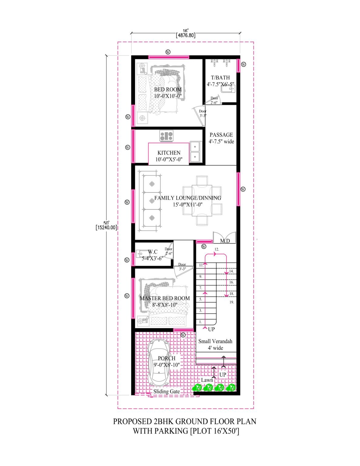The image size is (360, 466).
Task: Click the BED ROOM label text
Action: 168,89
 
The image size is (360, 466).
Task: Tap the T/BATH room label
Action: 220,78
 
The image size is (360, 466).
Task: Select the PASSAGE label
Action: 221,135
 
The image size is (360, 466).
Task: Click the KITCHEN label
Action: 169,153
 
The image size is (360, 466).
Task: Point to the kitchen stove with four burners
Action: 166,136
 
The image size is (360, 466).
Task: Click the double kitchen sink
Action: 195,151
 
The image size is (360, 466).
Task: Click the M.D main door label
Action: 225,241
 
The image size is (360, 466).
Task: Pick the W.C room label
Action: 153,252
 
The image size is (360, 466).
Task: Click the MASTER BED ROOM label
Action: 165,298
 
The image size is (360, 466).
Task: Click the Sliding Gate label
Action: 166,391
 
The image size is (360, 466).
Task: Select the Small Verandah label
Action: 215,341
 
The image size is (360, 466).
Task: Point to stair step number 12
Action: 217,249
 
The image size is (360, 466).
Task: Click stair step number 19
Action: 231,302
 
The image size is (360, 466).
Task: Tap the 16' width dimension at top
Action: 186,31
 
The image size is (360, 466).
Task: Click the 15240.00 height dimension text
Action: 106,227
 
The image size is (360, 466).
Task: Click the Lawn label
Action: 207,380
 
